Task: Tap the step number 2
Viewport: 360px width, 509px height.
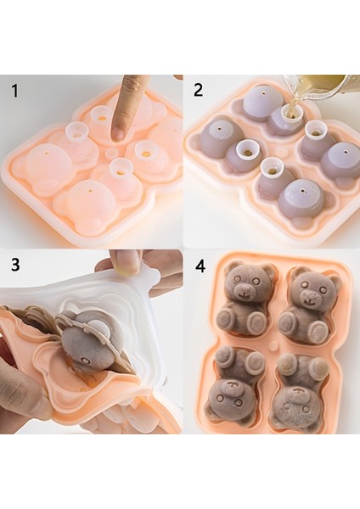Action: (198, 89)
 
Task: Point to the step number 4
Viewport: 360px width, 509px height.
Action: (200, 266)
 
